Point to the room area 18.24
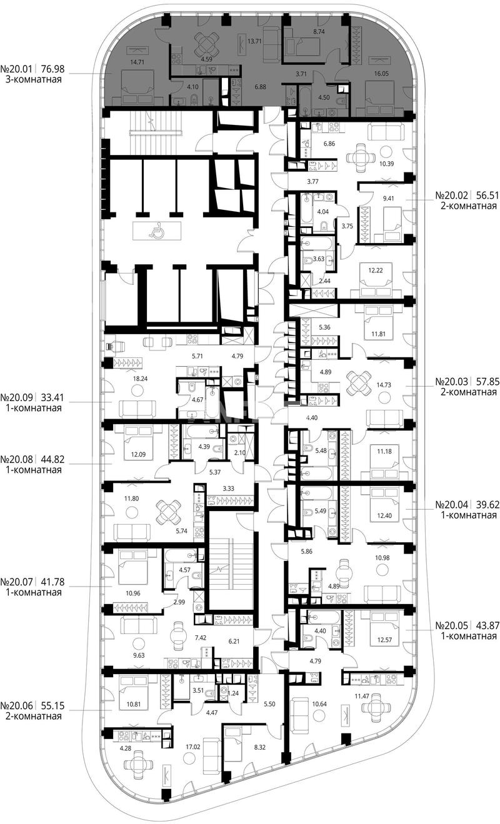(140, 378)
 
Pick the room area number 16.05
(381, 74)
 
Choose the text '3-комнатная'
(34, 79)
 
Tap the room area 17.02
(192, 737)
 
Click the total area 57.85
(488, 381)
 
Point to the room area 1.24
(234, 693)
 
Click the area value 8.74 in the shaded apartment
(319, 32)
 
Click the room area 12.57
(384, 639)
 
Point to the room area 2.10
(240, 452)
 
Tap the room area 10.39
(386, 164)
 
